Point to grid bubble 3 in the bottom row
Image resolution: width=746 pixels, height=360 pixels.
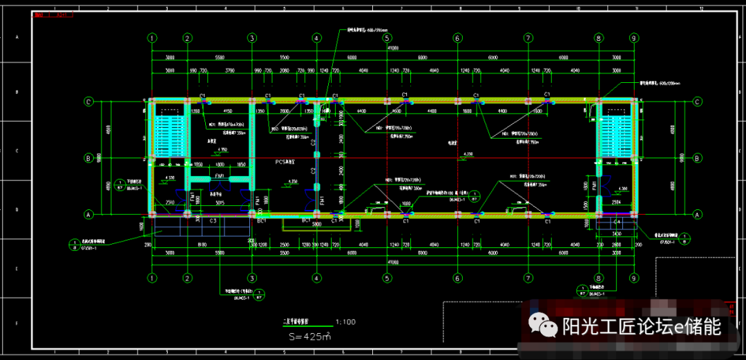coord(252,278)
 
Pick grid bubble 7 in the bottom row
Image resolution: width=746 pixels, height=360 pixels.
coord(528,278)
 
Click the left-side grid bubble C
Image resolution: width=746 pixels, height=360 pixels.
coord(88,102)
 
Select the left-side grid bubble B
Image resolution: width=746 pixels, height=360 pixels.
coord(88,158)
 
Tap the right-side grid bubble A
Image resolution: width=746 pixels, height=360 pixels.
coord(698,215)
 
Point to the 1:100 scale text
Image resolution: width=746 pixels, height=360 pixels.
coord(346,322)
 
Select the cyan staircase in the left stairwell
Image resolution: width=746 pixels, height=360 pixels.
coord(169,135)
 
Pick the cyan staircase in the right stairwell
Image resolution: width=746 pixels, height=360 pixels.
coord(616,135)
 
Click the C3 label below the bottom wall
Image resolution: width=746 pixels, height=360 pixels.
coord(213,220)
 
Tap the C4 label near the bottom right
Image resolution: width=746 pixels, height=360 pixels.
coord(617,221)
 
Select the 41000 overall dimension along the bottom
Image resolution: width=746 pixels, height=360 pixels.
coord(393,262)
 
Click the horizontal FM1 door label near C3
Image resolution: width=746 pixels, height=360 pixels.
coord(220,176)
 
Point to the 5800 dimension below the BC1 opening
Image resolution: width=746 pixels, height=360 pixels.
coord(316,225)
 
